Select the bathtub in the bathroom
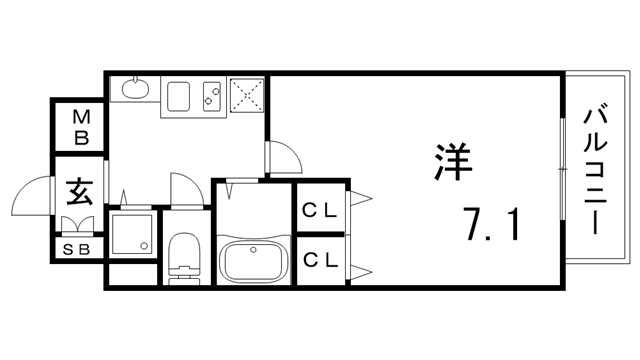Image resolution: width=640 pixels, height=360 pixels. pos(253,262)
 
